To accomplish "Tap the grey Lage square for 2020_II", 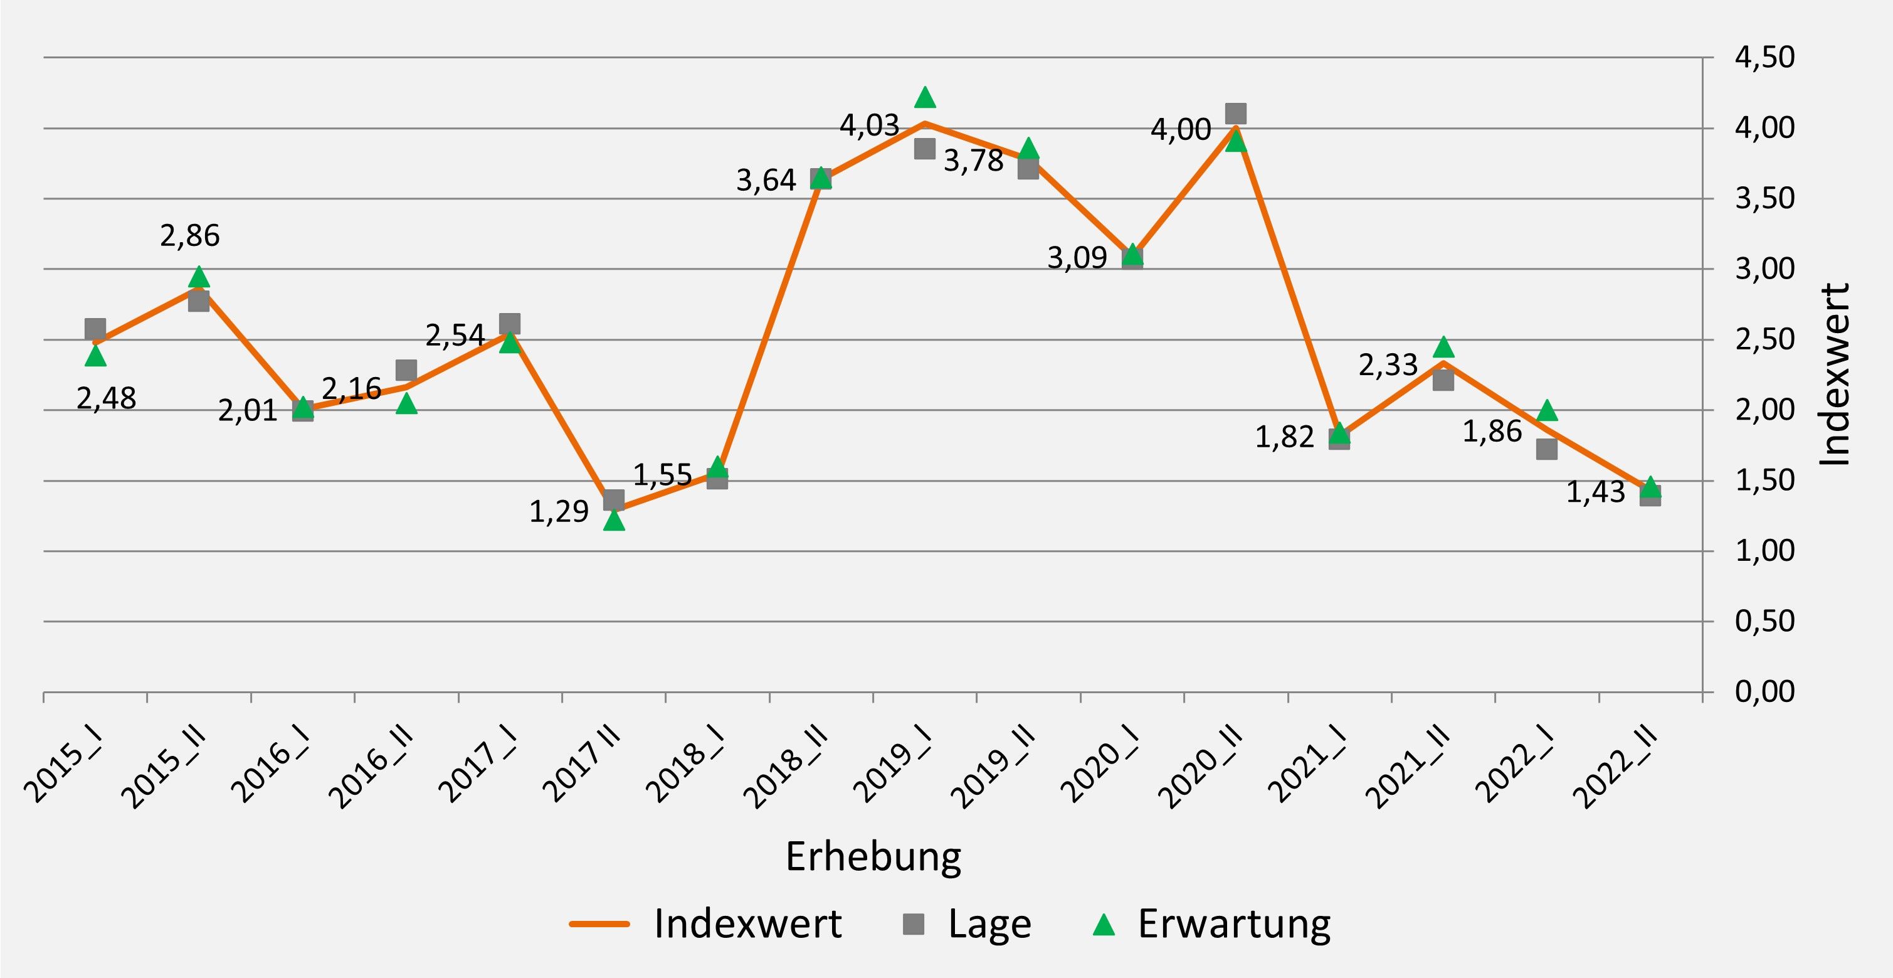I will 1236,114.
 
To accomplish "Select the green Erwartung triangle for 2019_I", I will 925,97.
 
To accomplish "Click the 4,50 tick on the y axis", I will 1764,57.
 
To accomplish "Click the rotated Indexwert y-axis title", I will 1835,375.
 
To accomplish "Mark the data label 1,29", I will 559,512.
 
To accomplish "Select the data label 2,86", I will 189,236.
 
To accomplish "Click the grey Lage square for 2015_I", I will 95,329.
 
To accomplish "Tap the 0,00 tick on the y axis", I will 1764,692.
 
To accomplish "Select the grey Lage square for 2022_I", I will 1547,449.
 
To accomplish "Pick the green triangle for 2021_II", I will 1443,347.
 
